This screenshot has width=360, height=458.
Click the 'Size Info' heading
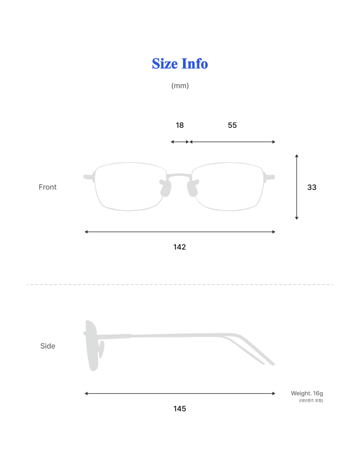pos(180,63)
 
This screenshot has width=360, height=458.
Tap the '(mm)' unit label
pos(180,86)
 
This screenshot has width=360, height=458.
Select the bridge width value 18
pos(180,125)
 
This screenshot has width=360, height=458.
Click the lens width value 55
pos(232,125)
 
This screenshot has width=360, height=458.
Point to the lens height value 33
pos(312,187)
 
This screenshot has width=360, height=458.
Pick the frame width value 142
pos(180,247)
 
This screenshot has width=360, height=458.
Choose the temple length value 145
pos(180,409)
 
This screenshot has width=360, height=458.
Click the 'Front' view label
pos(48,187)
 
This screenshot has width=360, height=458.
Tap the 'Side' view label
pos(48,346)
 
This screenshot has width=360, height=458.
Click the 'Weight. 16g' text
pos(307,393)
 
